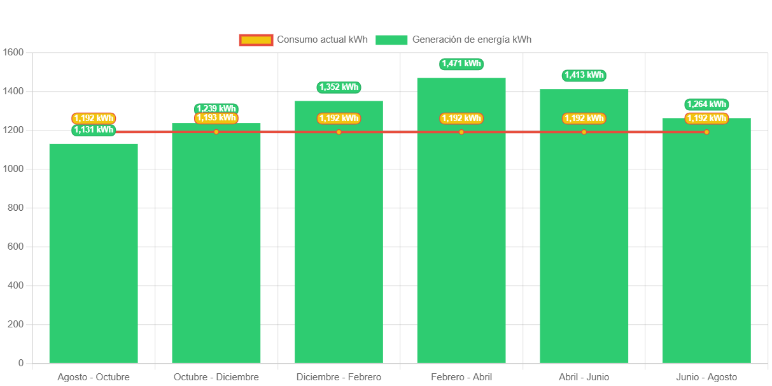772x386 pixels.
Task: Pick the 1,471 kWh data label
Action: (x=461, y=64)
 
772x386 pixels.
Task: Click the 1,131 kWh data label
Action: (x=94, y=130)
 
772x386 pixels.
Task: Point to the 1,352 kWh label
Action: (x=339, y=87)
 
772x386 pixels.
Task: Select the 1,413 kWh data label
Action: (x=584, y=75)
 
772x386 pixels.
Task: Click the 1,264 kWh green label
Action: (x=706, y=104)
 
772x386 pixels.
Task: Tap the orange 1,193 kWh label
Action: (x=216, y=118)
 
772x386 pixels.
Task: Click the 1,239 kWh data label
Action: (x=216, y=108)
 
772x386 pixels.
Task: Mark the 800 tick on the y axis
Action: (x=15, y=208)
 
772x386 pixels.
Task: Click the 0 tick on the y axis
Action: (x=21, y=363)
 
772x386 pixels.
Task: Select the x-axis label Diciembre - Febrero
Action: (x=339, y=377)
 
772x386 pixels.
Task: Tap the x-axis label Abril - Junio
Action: (x=584, y=377)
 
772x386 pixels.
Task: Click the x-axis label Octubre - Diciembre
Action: (x=216, y=377)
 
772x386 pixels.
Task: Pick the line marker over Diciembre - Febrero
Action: (x=339, y=132)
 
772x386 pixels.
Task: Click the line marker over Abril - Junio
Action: (x=584, y=132)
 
